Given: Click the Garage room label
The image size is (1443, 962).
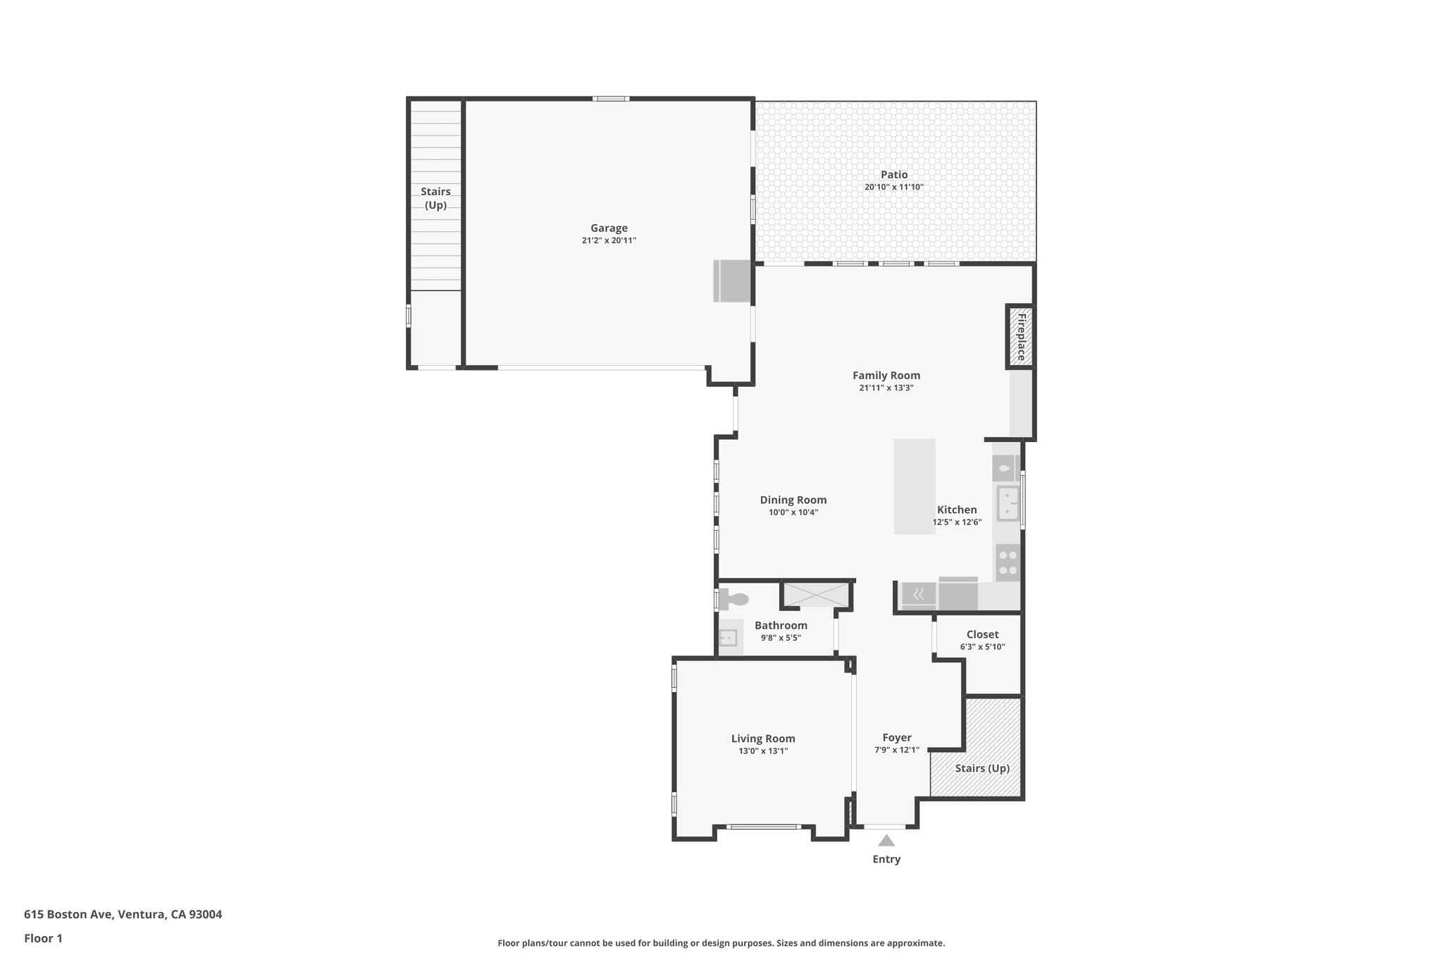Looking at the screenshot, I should click(x=609, y=228).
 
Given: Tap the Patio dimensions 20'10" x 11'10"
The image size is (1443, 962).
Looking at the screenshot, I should click(x=893, y=187).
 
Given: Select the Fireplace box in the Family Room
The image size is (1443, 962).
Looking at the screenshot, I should click(x=1020, y=336).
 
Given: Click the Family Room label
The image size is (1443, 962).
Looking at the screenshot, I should click(x=886, y=376).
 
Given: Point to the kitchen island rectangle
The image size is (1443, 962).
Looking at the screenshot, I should click(x=914, y=486).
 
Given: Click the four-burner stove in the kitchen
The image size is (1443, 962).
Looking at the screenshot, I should click(x=1008, y=563).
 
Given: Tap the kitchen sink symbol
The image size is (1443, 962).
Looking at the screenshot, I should click(x=1008, y=503).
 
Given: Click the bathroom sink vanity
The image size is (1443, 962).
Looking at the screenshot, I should click(x=729, y=638).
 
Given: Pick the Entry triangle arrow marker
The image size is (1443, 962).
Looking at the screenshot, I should click(x=886, y=840).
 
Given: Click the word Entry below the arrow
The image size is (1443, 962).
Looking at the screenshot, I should click(x=886, y=859).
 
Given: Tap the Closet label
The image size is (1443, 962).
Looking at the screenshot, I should click(x=981, y=634).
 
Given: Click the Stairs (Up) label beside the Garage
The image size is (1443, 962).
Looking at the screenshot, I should click(x=435, y=198).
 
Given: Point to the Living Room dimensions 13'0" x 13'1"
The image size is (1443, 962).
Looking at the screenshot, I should click(x=762, y=751).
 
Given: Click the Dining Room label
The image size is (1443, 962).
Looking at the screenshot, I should click(x=793, y=500).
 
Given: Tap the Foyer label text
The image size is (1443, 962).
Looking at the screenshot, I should click(x=896, y=737).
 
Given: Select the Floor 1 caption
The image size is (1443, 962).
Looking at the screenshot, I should click(x=43, y=938).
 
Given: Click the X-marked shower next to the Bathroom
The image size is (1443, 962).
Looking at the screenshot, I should click(x=817, y=594).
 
